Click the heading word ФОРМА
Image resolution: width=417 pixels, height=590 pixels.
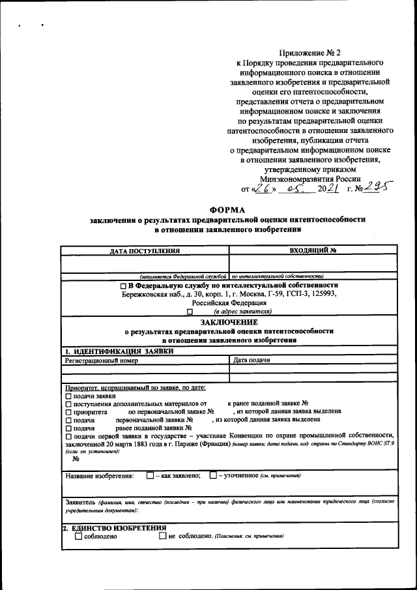click(x=227, y=210)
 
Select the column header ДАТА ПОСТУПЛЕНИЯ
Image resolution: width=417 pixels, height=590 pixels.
click(x=145, y=250)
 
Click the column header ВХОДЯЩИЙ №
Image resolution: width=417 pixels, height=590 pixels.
click(x=313, y=250)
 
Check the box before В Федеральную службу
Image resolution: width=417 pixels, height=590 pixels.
click(x=123, y=286)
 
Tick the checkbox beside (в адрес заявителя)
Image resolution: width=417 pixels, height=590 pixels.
click(x=190, y=312)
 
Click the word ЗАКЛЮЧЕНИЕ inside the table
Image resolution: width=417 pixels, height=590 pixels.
click(x=229, y=322)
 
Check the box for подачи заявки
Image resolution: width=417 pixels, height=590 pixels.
click(x=68, y=396)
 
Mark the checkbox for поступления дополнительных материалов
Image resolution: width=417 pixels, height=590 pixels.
click(x=68, y=404)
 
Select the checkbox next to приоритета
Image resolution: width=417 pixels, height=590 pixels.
click(x=68, y=412)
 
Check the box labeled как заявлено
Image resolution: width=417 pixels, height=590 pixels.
click(x=151, y=475)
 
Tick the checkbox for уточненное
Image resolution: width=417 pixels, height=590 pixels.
click(x=213, y=475)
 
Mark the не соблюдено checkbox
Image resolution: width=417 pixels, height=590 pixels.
click(x=162, y=536)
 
